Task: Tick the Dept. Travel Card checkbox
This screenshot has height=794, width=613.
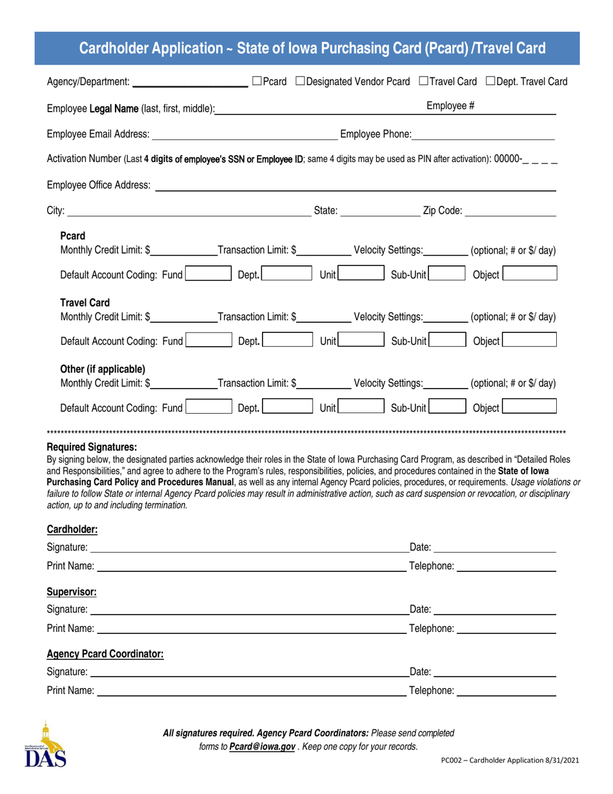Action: tap(491, 81)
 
